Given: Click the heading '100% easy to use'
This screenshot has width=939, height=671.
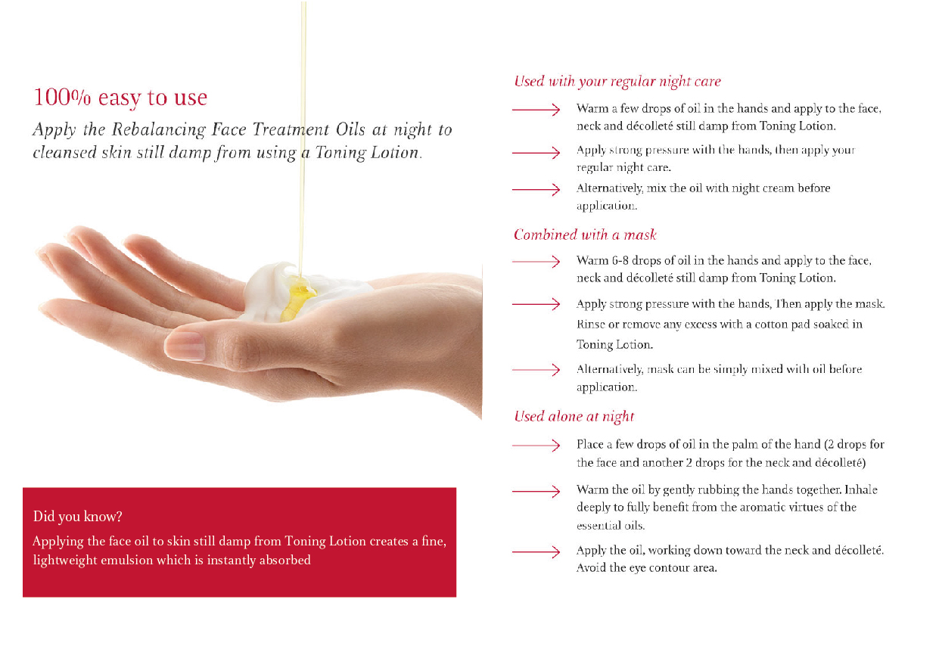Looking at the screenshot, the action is point(120,98).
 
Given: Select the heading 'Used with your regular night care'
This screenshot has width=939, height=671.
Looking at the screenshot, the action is point(617,81).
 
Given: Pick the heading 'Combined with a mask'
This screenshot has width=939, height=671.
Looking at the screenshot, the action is point(585,235).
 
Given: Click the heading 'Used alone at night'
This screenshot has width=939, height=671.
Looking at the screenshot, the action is point(574,417).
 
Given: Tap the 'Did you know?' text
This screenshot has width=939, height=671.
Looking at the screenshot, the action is point(77,517).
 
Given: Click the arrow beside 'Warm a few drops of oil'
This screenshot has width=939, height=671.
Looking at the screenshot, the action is point(536,110).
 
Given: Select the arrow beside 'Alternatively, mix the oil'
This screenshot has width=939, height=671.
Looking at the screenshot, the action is point(536,189).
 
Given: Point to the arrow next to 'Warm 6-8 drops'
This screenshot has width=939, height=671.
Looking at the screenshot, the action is point(536,262).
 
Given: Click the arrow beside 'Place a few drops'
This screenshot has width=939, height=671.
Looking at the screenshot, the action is point(536,445).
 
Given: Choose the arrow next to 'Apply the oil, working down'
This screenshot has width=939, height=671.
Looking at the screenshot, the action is point(536,552).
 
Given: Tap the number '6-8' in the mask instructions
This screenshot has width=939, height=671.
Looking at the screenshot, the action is point(620,261).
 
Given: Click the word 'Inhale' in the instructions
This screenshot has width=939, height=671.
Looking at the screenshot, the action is point(861,489).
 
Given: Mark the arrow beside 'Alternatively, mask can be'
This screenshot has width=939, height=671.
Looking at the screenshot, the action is point(536,370).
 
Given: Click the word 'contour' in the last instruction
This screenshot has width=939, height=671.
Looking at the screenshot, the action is point(670,568).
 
